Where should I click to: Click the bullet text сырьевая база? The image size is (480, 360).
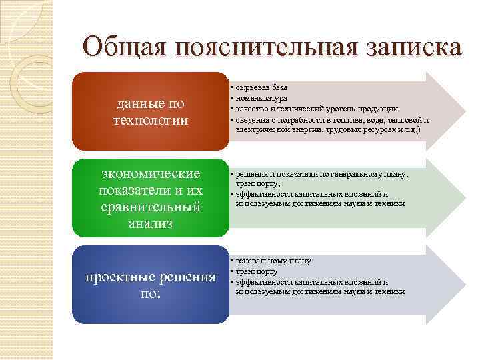(x=261, y=87)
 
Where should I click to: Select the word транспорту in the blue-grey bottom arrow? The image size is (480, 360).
(x=257, y=271)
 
